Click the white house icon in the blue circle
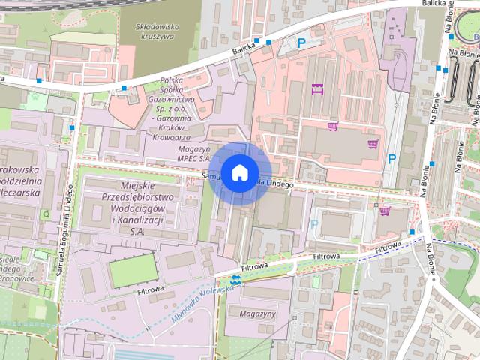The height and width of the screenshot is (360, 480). click(238, 173)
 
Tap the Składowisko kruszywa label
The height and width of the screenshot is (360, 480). click(155, 31)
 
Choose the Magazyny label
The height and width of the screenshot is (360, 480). click(259, 313)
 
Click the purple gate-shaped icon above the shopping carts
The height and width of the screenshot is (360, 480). click(317, 90)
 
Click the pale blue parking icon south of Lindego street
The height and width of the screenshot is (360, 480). click(314, 223)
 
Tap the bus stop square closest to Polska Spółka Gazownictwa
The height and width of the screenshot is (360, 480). click(124, 88)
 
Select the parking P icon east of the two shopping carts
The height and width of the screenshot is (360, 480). click(391, 159)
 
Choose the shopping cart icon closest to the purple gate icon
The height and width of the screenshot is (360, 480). click(333, 125)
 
